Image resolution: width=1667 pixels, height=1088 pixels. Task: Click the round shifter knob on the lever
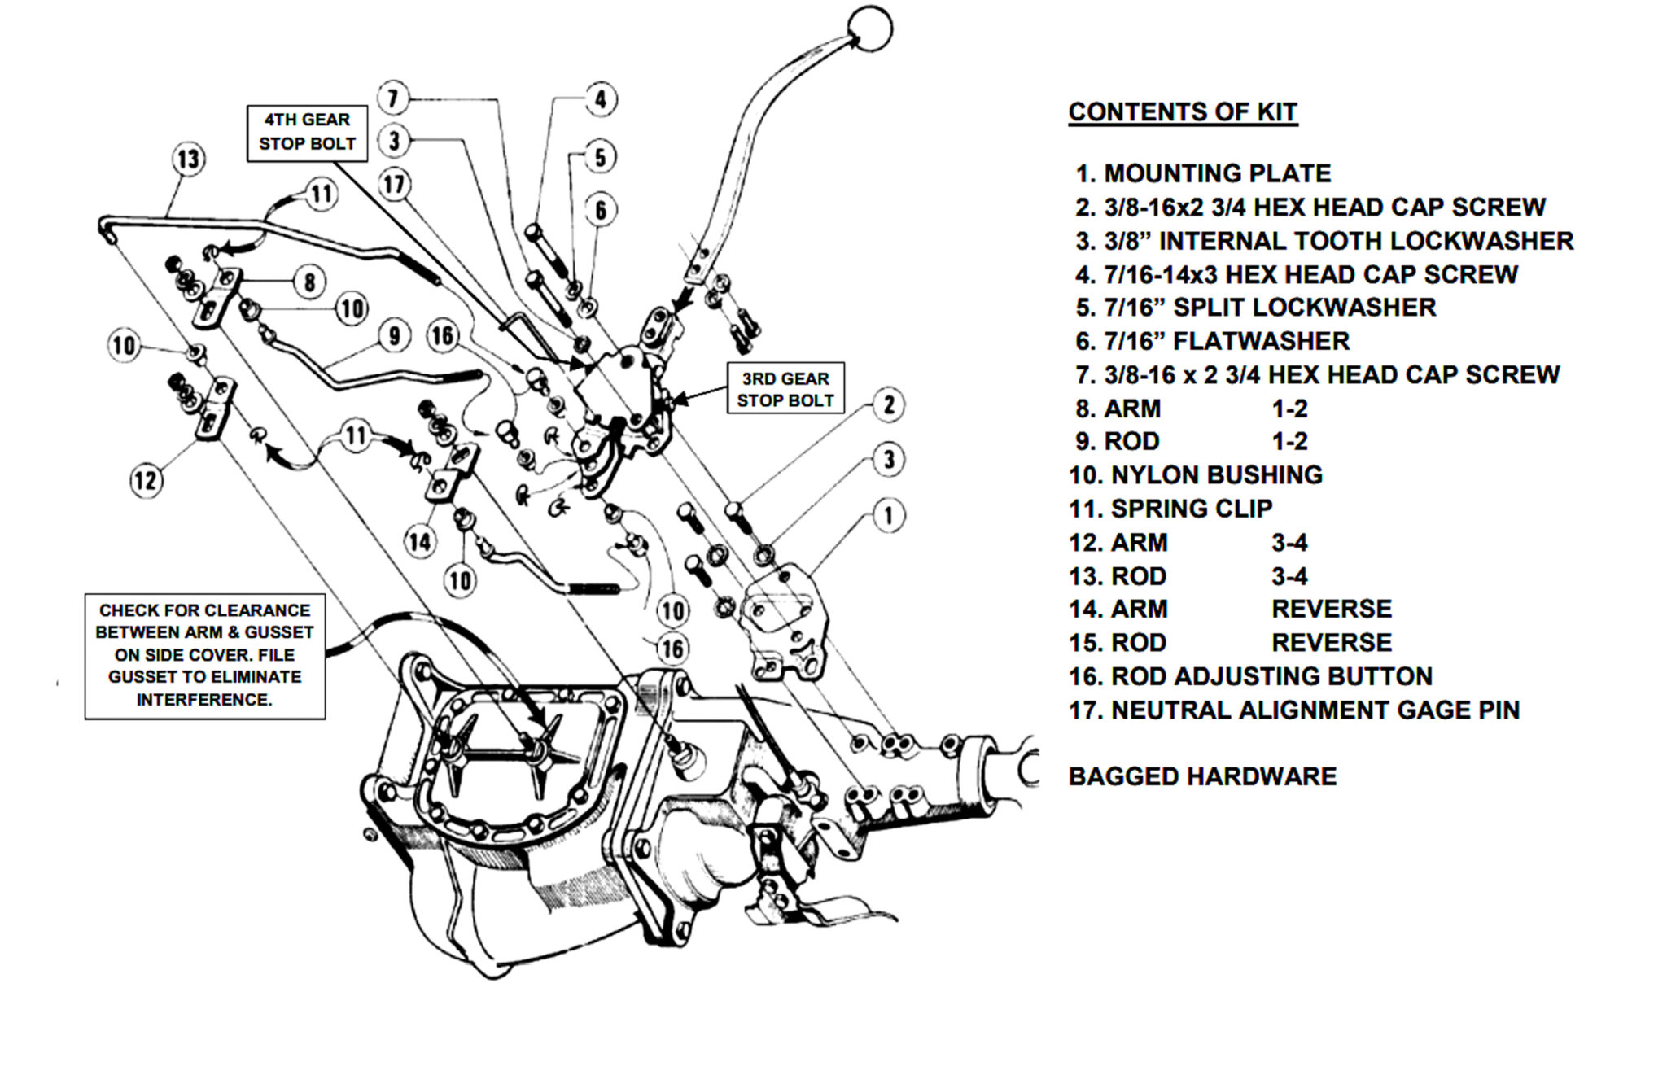coord(869,29)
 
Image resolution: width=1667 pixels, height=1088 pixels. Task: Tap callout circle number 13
coord(188,159)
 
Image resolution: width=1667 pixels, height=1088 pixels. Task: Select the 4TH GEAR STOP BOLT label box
coord(307,132)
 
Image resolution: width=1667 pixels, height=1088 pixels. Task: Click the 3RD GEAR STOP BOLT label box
coord(785,389)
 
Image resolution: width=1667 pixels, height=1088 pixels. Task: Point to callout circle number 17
coord(395,184)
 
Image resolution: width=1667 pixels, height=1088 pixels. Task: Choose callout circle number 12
coord(147,480)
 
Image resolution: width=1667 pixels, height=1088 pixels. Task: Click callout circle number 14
coord(420,541)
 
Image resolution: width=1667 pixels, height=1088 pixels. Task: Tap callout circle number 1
coord(888,515)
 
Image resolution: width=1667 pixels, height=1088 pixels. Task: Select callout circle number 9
coord(394,335)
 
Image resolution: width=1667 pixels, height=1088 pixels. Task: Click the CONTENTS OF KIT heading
coord(1182,112)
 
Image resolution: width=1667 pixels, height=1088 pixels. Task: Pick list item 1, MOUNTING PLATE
coord(1203,173)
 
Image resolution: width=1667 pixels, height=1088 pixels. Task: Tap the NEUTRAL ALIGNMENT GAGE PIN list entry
coord(1293,710)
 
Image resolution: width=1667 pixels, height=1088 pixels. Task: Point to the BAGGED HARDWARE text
coord(1201,776)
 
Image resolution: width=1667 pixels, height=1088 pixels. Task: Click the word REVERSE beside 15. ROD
coord(1331,643)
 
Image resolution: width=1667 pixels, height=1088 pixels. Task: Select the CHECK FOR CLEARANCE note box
coord(204,655)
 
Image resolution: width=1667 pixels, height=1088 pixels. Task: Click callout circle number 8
coord(309,282)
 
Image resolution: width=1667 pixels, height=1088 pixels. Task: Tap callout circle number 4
coord(601,99)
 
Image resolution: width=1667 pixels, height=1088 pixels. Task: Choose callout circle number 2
coord(889,404)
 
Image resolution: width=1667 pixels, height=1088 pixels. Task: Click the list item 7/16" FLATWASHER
coord(1212,341)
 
